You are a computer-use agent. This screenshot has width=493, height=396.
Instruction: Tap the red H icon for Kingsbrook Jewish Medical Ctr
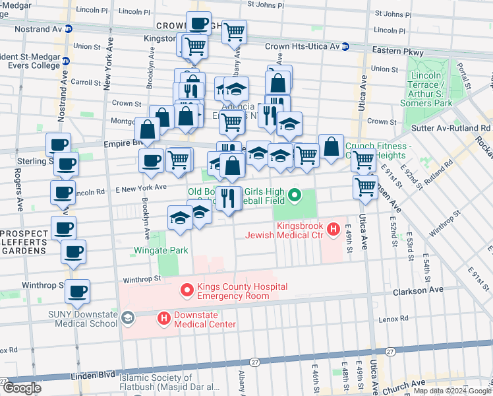[334, 230]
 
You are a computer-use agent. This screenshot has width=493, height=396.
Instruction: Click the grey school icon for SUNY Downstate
[127, 319]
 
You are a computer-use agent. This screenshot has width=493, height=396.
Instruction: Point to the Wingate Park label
[161, 250]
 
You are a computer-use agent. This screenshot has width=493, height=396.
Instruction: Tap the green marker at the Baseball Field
[295, 195]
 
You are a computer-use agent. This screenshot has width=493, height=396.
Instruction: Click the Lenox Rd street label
[395, 319]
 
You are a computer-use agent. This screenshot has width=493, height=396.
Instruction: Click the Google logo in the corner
[22, 388]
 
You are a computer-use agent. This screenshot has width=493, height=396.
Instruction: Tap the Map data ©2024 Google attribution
[451, 391]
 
